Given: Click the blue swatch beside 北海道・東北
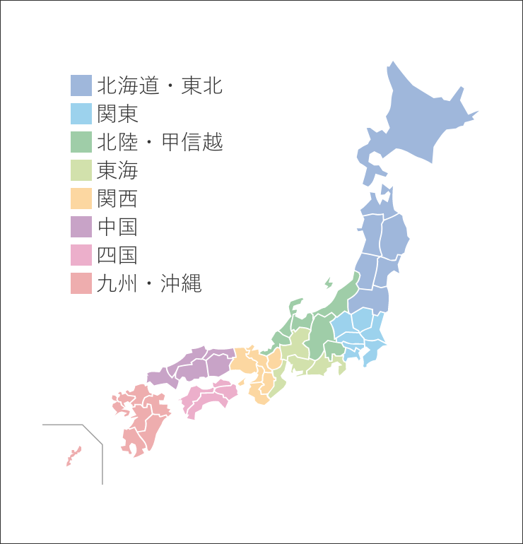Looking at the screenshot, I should coord(81,85).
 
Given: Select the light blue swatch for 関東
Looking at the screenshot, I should coord(81,114).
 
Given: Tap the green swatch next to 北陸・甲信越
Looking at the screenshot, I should coord(81,142).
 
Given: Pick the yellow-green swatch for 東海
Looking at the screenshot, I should coord(81,170).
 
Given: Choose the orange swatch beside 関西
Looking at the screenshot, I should coord(81,199).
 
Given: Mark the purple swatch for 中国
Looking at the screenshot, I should coord(81,227).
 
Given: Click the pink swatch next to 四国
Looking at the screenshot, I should coord(81,255).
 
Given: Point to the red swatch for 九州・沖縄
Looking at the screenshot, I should coord(81,283).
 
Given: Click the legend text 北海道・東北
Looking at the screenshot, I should coord(160,85).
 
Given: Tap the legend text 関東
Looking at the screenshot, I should coord(117,114).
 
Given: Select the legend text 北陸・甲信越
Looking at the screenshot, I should coord(160,142).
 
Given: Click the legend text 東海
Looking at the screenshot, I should coord(117,170).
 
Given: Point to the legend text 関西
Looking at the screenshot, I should coord(117,199).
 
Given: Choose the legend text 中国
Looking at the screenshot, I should coord(117,227).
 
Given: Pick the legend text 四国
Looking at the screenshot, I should coord(117,255).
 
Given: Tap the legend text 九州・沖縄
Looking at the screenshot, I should coord(149,283).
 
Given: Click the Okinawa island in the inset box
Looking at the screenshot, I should coord(74,455).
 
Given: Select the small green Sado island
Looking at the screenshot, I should coord(328,283).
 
